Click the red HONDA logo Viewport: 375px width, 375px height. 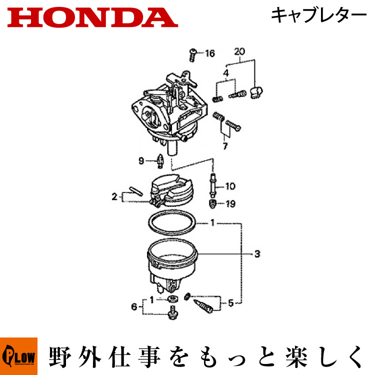(x=93, y=17)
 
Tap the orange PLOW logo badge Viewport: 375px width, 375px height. (x=18, y=356)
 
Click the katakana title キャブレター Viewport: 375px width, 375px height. (x=318, y=15)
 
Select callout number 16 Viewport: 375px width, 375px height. (x=210, y=53)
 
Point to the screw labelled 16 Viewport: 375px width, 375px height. (x=193, y=55)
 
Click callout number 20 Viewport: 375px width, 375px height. (x=239, y=51)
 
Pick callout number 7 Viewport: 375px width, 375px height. (x=225, y=146)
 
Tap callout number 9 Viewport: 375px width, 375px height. (x=141, y=160)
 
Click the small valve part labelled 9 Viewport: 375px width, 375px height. (x=160, y=160)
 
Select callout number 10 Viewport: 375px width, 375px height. (x=230, y=186)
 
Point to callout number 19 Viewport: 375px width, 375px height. (x=230, y=204)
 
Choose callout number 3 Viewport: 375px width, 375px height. (x=257, y=253)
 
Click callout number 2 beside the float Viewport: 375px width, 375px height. (x=114, y=197)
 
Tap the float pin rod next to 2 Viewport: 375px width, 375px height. (x=136, y=191)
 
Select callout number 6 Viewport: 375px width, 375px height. (x=134, y=306)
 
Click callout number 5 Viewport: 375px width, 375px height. (x=230, y=303)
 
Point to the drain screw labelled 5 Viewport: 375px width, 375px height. (x=203, y=306)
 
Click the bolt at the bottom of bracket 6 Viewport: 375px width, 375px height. (x=172, y=312)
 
